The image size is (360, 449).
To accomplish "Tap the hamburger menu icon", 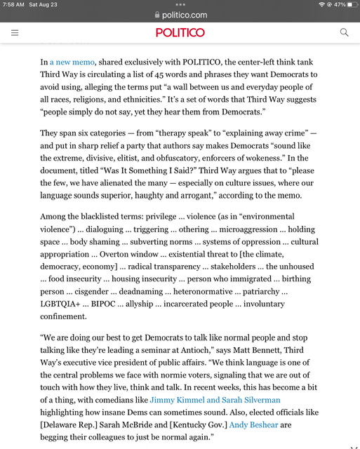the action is click(x=15, y=32).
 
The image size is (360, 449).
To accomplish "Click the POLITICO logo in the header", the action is click(x=180, y=32).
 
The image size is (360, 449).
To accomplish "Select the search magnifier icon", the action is click(x=344, y=32).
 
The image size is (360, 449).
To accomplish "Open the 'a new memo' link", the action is click(x=72, y=62).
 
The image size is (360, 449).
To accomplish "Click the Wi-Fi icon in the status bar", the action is click(x=321, y=5).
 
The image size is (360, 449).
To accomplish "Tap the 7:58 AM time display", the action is click(x=13, y=5).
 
